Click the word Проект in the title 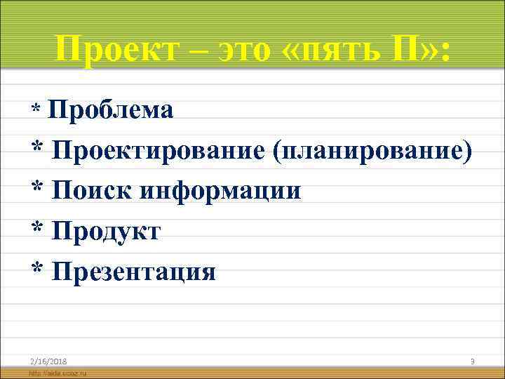click(109, 49)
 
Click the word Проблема click(112, 110)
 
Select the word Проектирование click(157, 149)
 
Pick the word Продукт click(105, 230)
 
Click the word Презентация click(133, 271)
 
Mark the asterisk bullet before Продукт click(36, 231)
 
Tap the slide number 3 click(473, 361)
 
